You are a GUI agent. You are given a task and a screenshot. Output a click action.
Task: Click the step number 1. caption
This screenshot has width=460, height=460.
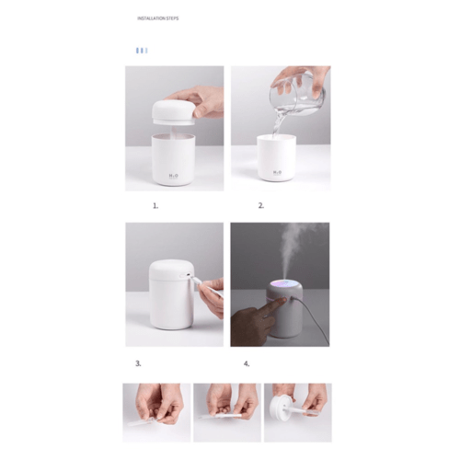155,206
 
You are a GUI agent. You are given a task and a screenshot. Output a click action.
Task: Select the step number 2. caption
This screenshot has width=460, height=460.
260,206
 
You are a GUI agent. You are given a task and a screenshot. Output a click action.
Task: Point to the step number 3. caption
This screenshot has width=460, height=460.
138,363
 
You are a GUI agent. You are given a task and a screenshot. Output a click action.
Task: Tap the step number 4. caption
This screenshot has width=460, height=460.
247,363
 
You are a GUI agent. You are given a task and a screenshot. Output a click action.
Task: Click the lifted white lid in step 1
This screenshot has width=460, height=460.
172,109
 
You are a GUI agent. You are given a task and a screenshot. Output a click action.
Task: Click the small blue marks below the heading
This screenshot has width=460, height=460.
141,50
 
